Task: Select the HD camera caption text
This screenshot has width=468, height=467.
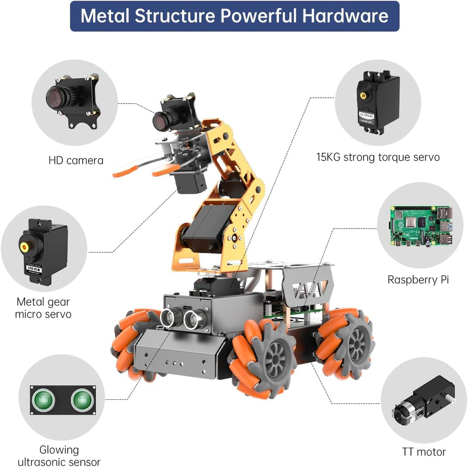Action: (x=76, y=161)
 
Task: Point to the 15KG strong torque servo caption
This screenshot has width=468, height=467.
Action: (x=378, y=157)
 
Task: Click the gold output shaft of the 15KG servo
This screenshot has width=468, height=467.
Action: (x=364, y=96)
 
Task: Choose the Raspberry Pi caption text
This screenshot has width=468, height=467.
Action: (x=418, y=279)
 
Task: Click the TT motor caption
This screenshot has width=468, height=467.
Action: (x=424, y=452)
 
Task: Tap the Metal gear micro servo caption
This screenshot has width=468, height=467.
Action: (x=43, y=308)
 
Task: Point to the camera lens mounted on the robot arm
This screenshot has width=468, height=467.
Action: (x=161, y=121)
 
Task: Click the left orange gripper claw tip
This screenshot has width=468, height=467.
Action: (x=120, y=173)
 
